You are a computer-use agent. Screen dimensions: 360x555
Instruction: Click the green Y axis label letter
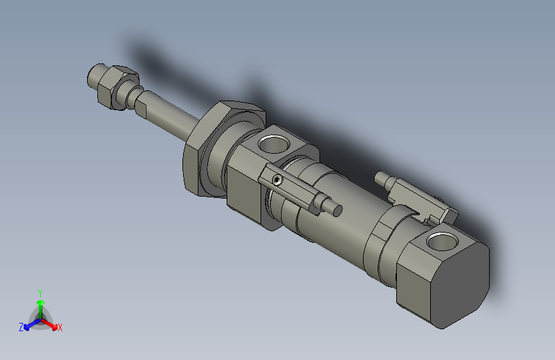click(40, 291)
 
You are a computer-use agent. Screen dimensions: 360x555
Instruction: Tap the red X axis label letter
click(60, 327)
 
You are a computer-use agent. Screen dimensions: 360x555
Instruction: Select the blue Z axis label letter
click(21, 327)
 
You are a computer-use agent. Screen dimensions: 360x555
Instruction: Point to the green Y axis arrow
click(40, 302)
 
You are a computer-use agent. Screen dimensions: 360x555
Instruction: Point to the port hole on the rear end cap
click(442, 241)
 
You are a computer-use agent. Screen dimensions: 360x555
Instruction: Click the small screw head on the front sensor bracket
click(277, 180)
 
